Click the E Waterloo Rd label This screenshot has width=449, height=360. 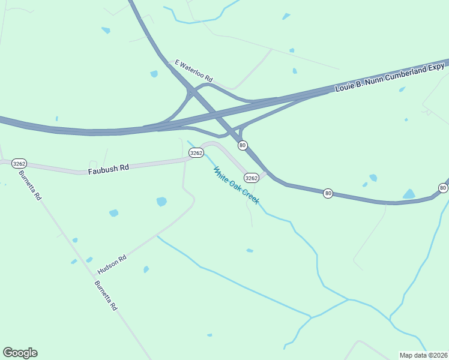point(194,70)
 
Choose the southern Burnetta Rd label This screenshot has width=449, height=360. point(106,295)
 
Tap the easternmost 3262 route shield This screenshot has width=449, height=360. point(252,178)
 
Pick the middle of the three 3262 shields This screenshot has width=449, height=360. point(196,153)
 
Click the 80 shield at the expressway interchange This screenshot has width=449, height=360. point(243,145)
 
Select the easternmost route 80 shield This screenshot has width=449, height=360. point(443,188)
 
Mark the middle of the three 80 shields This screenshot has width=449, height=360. point(328,193)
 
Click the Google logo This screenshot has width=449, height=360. point(20,353)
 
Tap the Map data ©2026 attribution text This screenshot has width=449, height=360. point(423,355)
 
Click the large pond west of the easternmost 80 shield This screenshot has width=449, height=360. point(409,194)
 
